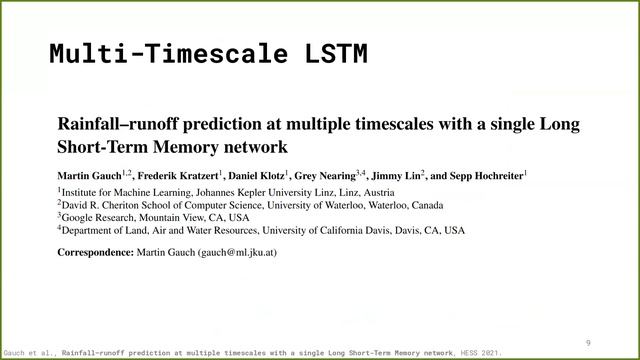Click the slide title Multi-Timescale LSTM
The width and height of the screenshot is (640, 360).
(208, 53)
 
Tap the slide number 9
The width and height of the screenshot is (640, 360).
(589, 342)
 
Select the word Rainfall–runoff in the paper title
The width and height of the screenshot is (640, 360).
(112, 126)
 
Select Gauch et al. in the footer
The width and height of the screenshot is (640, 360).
(29, 353)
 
